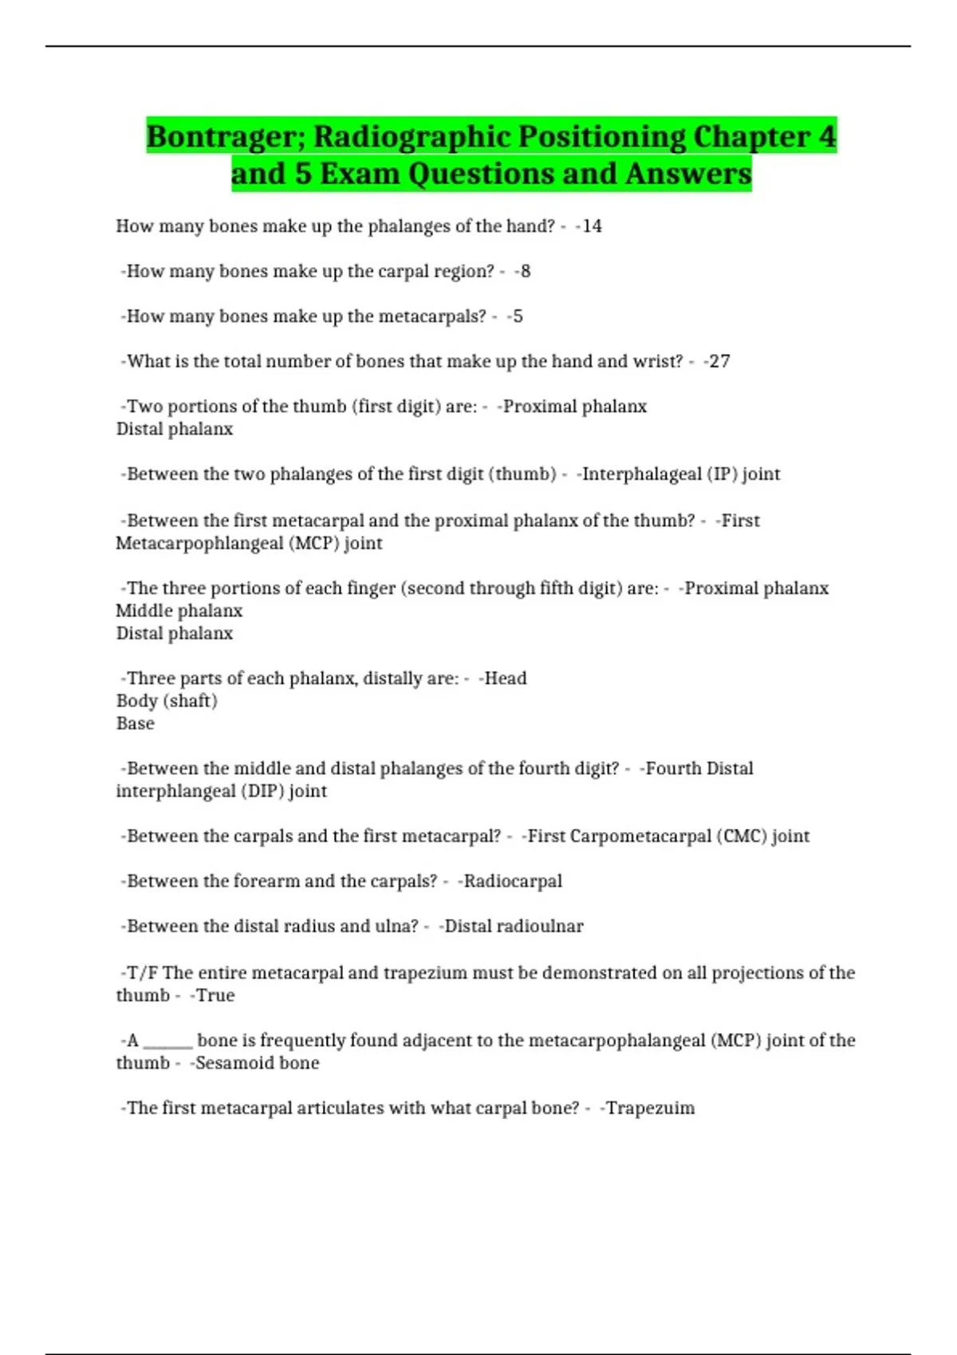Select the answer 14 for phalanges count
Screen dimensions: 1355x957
coord(592,226)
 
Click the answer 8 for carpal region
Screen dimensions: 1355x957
coord(525,272)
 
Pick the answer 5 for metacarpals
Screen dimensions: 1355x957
coord(518,316)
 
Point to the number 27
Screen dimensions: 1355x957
coord(719,362)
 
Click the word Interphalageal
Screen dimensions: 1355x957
coord(641,474)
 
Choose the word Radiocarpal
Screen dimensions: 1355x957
coord(513,882)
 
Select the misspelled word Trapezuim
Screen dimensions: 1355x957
coord(651,1108)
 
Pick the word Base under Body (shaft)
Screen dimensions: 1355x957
coord(136,724)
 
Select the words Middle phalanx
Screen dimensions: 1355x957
coord(179,611)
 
